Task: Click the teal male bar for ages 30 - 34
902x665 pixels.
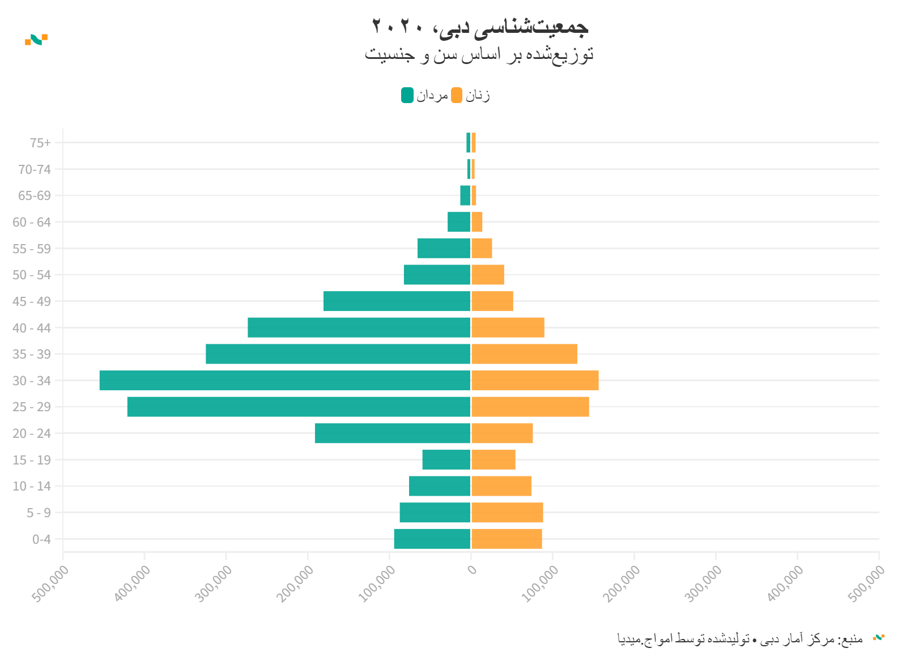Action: tap(285, 381)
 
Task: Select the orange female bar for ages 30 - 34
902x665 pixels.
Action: tap(535, 381)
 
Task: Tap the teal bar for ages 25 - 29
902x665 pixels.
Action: tap(299, 407)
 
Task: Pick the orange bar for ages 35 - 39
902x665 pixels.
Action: tap(524, 354)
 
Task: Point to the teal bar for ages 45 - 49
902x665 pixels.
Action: tap(397, 301)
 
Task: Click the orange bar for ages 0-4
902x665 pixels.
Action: tap(507, 539)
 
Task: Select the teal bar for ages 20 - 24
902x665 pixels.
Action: tap(393, 433)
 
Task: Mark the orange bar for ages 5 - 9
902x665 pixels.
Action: tap(507, 513)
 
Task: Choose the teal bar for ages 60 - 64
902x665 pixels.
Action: tap(459, 222)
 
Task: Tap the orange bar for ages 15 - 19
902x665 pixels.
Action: tap(493, 460)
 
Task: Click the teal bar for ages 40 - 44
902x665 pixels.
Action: tap(359, 328)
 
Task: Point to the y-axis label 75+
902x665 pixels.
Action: tap(40, 143)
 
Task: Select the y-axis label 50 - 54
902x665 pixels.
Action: tap(32, 275)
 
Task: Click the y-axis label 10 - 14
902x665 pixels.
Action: tap(32, 487)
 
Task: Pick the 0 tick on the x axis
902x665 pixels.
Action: tap(472, 569)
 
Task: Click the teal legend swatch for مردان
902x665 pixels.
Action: tap(407, 95)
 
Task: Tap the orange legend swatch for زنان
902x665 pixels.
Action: tap(457, 95)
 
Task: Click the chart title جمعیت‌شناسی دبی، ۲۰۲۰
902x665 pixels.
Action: tap(480, 27)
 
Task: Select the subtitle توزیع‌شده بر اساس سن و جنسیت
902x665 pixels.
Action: tap(479, 54)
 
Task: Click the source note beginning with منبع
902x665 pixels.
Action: tap(740, 639)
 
